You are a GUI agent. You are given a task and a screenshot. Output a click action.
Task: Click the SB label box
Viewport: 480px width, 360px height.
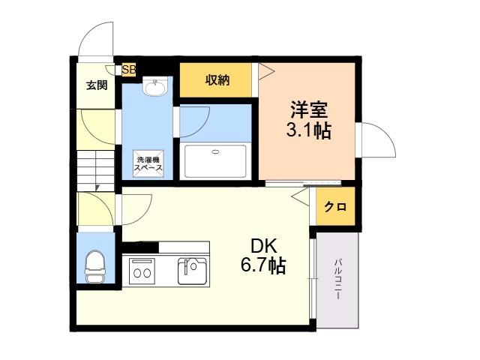129,70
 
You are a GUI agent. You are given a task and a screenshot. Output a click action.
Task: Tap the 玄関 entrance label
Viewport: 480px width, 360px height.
97,85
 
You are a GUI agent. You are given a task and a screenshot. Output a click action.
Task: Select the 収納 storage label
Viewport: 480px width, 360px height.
217,80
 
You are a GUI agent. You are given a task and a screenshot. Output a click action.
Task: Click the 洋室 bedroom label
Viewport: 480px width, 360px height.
309,109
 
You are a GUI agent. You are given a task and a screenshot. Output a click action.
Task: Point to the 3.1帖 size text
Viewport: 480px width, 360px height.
308,130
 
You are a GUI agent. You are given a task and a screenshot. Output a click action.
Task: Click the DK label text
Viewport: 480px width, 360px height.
264,246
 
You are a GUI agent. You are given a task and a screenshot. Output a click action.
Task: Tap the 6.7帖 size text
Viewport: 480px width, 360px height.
263,265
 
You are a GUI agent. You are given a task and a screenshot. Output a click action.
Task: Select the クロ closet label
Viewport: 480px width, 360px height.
335,207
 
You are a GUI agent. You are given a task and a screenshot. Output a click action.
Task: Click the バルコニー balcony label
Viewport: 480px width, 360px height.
337,279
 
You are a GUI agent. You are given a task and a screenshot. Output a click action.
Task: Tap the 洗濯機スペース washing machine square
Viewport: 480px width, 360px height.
148,163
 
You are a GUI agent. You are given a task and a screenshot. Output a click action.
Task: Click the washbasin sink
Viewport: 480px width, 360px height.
155,86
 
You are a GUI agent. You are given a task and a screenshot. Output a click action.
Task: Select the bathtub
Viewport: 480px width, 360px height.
215,161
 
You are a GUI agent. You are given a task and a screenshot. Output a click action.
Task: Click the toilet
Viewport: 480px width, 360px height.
94,267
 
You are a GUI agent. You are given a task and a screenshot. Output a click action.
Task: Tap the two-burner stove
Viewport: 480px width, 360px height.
142,271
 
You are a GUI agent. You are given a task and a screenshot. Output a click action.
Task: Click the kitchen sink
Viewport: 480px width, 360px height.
192,271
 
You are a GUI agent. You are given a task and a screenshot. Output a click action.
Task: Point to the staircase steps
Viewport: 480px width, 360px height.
95,171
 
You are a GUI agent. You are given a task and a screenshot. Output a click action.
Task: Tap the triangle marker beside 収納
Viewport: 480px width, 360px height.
266,72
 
